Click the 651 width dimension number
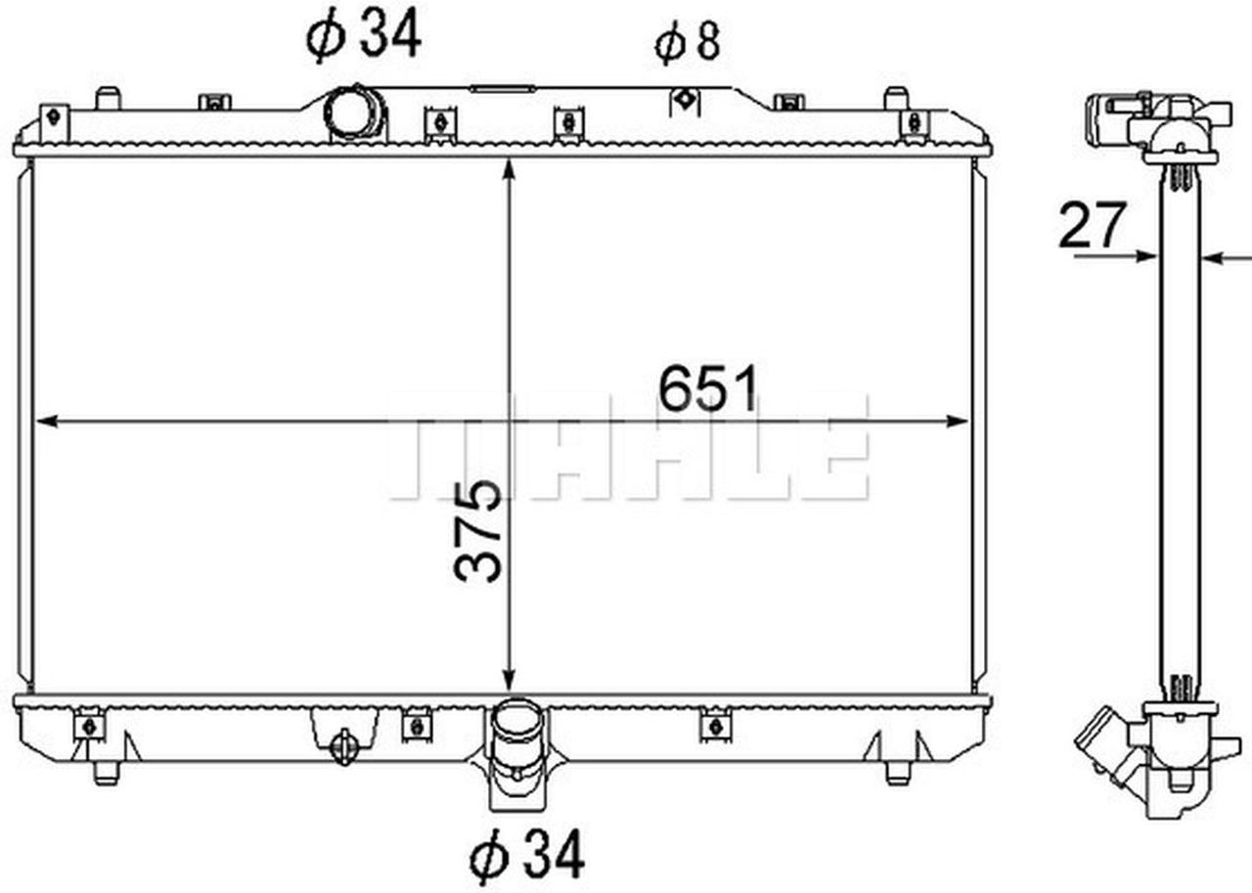[707, 389]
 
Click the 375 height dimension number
[479, 531]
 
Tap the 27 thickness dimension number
[1093, 227]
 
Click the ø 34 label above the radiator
[363, 34]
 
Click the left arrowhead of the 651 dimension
[45, 422]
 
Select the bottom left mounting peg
[106, 772]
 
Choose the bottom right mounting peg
[897, 772]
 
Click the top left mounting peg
[107, 98]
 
